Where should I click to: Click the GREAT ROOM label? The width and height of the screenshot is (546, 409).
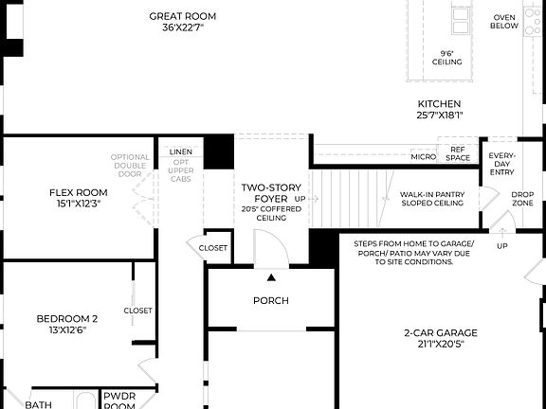(x=183, y=16)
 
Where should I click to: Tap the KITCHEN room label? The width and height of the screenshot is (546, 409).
(x=439, y=104)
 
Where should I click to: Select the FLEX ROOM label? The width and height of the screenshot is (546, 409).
(x=79, y=192)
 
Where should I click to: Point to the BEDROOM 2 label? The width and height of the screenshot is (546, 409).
(x=67, y=318)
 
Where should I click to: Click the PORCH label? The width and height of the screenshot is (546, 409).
(x=270, y=301)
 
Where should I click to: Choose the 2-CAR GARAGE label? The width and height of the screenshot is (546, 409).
(x=440, y=333)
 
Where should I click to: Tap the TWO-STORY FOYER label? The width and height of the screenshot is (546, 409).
(x=264, y=193)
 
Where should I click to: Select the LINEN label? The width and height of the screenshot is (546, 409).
(x=181, y=151)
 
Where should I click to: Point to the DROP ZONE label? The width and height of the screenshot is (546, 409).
(x=522, y=199)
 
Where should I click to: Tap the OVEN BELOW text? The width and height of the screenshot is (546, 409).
(x=504, y=21)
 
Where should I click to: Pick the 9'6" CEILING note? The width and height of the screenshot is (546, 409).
(x=446, y=58)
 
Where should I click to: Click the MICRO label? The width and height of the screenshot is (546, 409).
(x=423, y=156)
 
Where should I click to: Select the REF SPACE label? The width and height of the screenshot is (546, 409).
(x=458, y=153)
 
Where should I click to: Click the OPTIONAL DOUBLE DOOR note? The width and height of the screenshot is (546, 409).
(x=130, y=166)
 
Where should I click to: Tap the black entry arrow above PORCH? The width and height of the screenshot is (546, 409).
(x=271, y=277)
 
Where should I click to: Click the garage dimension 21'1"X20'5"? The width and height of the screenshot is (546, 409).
(x=440, y=346)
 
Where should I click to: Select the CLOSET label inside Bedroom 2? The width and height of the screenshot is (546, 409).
(x=137, y=310)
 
